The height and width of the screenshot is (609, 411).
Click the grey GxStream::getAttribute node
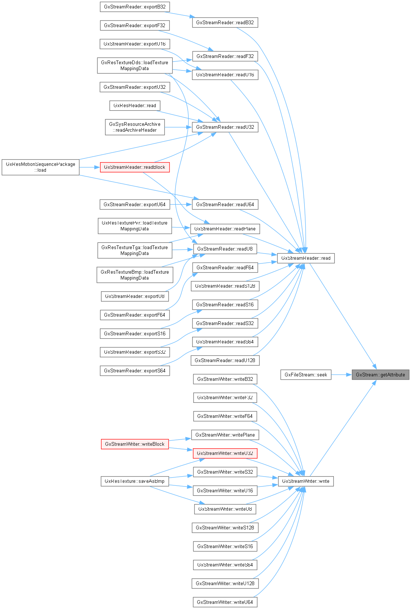click(x=380, y=375)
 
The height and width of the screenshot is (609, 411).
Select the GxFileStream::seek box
click(x=306, y=375)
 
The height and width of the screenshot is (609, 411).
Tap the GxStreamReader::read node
click(x=306, y=258)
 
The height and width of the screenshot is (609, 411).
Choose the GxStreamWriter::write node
click(x=306, y=481)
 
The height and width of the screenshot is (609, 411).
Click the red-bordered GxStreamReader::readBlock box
click(x=135, y=167)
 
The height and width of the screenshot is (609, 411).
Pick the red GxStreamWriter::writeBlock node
click(x=135, y=444)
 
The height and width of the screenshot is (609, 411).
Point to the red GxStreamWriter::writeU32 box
click(x=225, y=453)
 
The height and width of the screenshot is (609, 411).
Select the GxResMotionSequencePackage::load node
click(x=40, y=167)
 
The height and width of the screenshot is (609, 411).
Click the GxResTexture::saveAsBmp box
click(x=135, y=481)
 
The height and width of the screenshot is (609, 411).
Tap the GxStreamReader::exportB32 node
click(x=135, y=7)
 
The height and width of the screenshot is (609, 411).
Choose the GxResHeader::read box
click(x=135, y=105)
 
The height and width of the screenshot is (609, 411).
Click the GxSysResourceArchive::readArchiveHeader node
click(x=135, y=127)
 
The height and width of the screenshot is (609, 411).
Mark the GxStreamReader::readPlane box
click(x=225, y=229)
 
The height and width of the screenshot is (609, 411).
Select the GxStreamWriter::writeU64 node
click(x=225, y=602)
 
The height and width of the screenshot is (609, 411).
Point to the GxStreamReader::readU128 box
click(x=225, y=360)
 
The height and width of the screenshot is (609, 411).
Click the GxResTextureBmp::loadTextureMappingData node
click(x=135, y=275)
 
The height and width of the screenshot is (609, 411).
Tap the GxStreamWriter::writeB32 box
click(x=225, y=379)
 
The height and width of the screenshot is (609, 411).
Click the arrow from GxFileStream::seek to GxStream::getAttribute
click(x=341, y=375)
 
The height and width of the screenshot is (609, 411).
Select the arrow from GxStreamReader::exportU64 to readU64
click(x=181, y=204)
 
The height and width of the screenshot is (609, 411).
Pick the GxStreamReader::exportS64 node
click(x=135, y=371)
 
